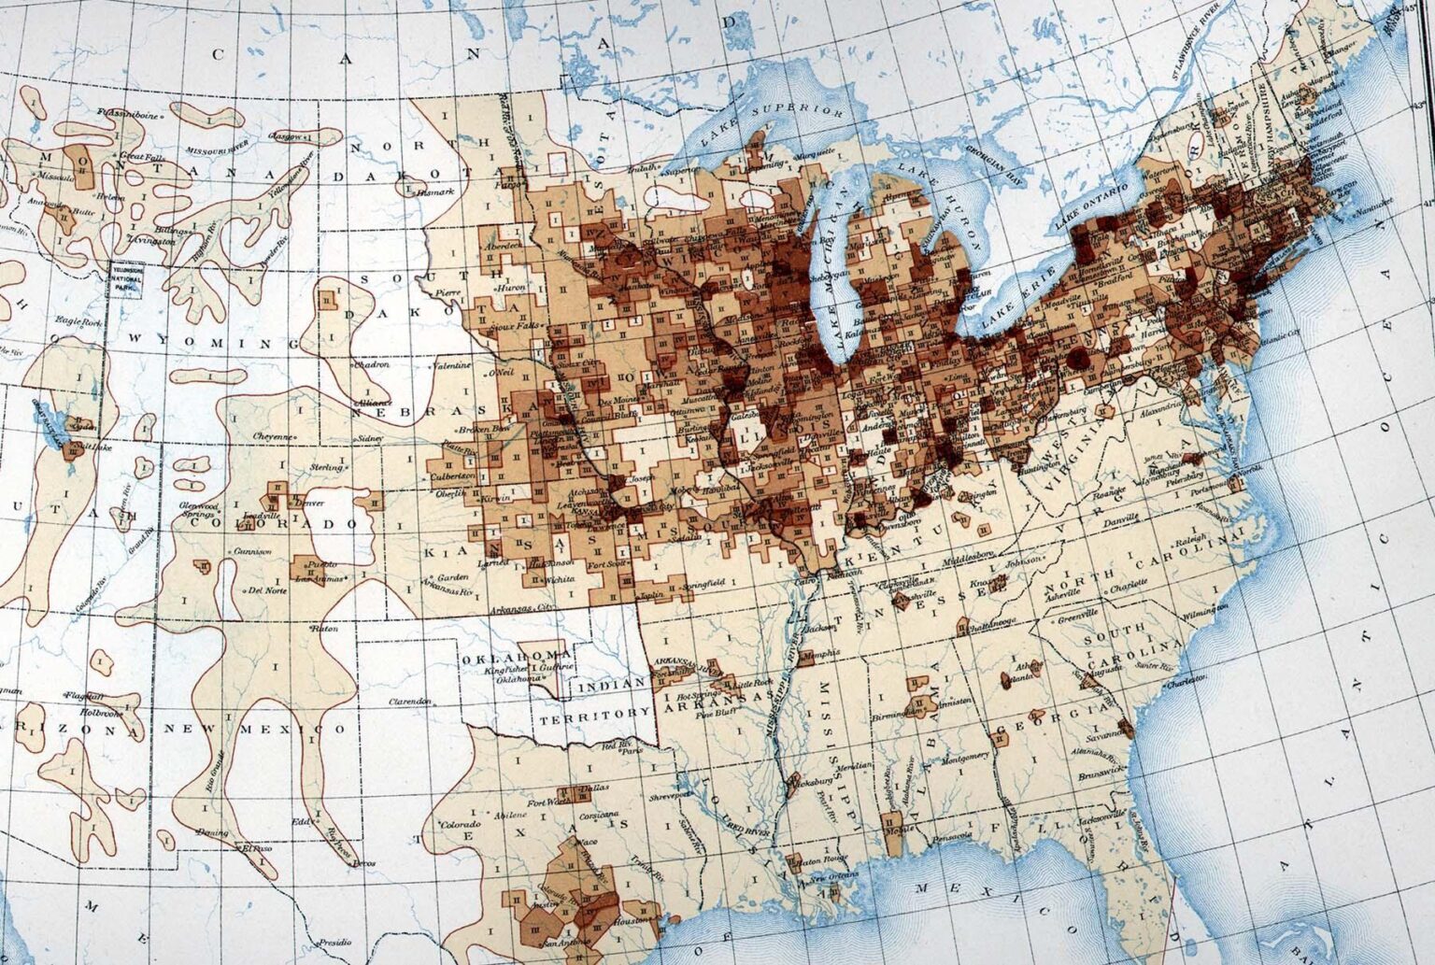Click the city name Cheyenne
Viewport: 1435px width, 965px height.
pyautogui.click(x=273, y=436)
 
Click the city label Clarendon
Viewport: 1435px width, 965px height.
pyautogui.click(x=410, y=701)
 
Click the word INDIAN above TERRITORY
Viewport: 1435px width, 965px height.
pyautogui.click(x=613, y=686)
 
